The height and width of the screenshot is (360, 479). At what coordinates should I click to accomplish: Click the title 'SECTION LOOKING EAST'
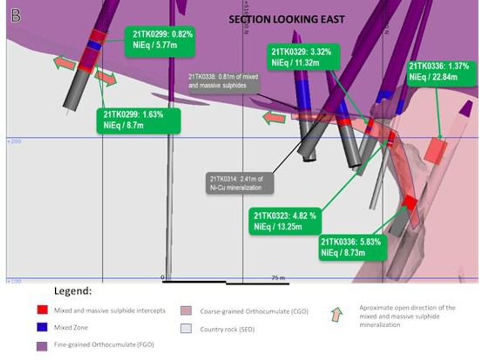tap(287, 20)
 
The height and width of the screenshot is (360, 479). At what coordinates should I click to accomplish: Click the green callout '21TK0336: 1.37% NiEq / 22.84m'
tap(438, 71)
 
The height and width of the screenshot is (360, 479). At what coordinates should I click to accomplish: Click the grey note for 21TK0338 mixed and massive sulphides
tap(223, 82)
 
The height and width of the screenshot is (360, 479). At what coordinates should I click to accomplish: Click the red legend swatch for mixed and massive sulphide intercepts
tap(43, 310)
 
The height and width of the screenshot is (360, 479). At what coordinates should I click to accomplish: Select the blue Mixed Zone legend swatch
tap(43, 327)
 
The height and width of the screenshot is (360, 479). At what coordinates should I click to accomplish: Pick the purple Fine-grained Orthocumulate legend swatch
tap(43, 345)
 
